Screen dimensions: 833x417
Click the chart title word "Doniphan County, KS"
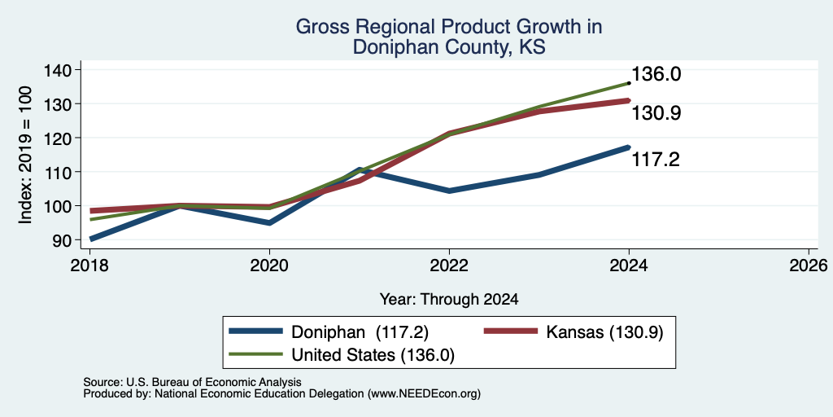[448, 47]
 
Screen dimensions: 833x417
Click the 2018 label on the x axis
[89, 265]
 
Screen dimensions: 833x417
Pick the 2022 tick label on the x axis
[449, 265]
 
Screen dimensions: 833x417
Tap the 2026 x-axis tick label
[809, 265]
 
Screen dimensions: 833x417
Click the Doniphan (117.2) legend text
[360, 332]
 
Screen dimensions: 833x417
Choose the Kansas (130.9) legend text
[604, 332]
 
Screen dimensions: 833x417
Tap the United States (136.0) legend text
[373, 355]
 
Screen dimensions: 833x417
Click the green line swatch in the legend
[255, 354]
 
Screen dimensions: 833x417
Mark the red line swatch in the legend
[510, 331]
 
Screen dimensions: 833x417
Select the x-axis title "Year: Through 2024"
[449, 300]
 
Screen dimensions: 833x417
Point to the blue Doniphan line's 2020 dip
[269, 223]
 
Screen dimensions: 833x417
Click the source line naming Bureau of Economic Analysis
[192, 382]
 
